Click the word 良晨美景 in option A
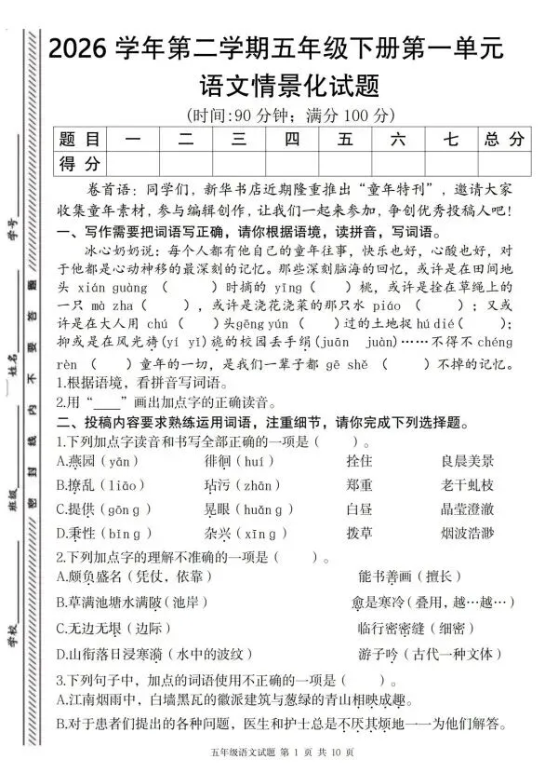469,462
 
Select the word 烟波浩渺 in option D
469,534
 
